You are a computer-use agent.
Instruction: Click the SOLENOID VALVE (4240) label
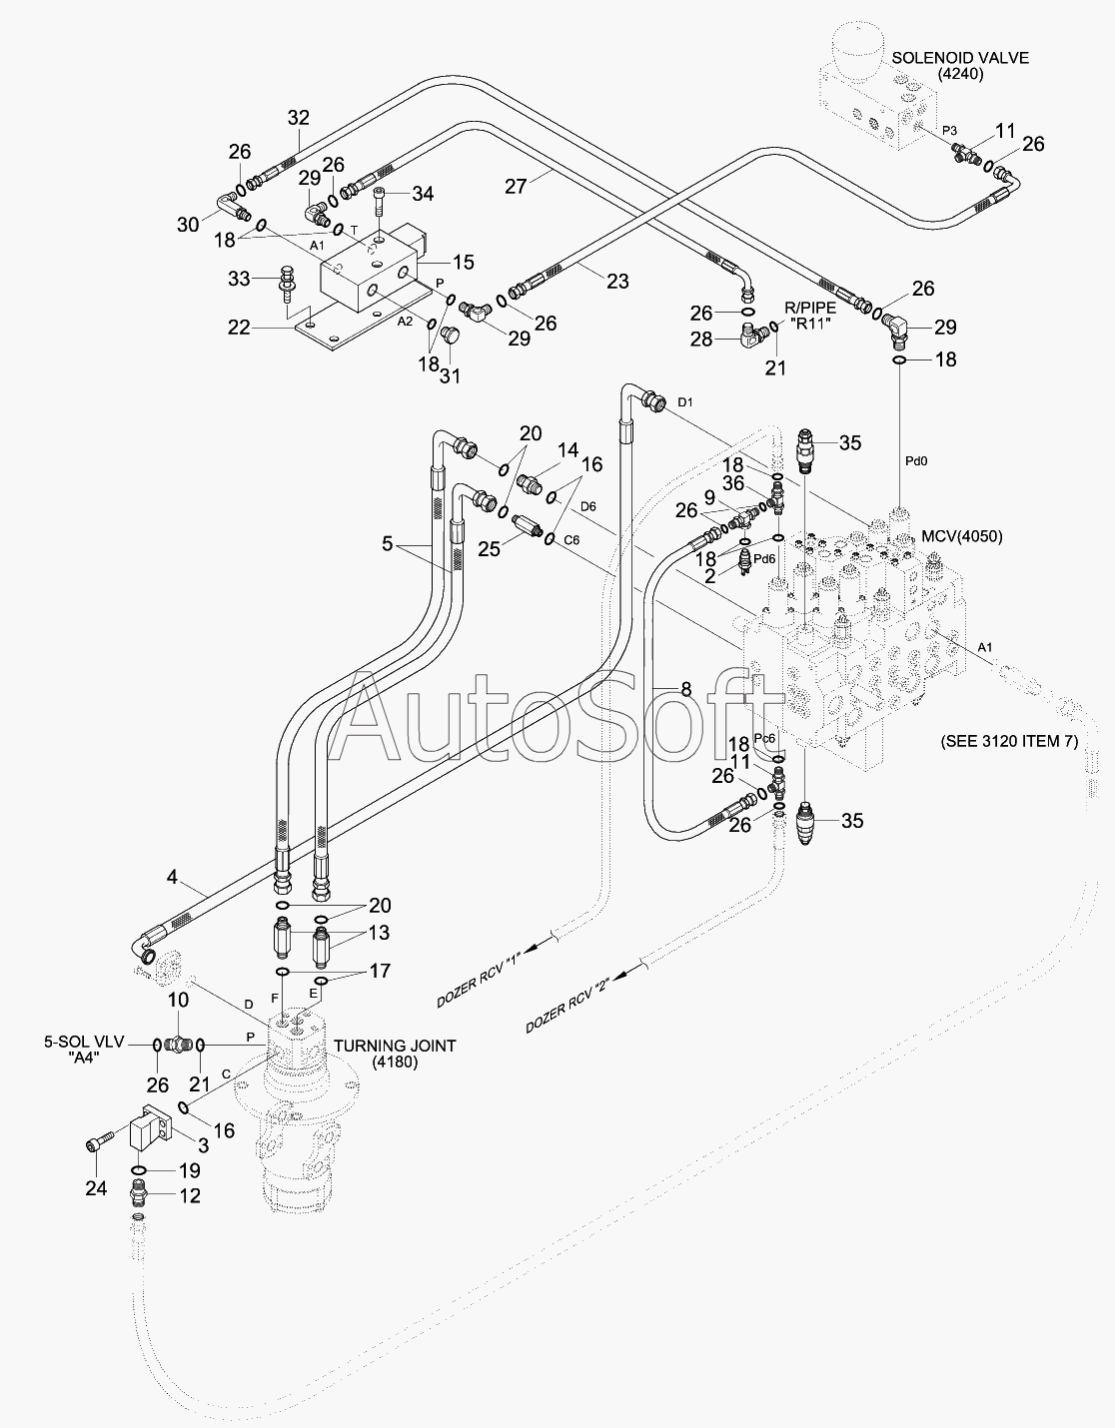coord(960,66)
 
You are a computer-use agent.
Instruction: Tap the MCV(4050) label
coord(962,536)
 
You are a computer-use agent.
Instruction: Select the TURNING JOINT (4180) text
coord(395,1054)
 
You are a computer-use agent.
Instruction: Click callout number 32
coord(299,118)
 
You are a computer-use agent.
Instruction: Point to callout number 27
coord(517,187)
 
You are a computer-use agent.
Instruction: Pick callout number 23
coord(617,282)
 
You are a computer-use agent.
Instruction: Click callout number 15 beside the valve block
coord(464,262)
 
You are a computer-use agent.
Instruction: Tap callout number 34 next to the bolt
coord(423,193)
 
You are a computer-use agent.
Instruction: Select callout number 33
coord(240,279)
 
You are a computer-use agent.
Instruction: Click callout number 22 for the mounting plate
coord(240,328)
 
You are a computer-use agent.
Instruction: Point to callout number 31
coord(451,375)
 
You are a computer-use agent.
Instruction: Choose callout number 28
coord(701,340)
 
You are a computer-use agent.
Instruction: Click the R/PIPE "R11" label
coord(810,316)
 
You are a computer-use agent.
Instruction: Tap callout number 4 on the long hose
coord(172,877)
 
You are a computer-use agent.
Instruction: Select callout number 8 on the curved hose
coord(686,689)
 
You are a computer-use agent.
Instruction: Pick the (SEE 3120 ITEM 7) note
coord(1009,741)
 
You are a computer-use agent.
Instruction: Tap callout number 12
coord(190,1195)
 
